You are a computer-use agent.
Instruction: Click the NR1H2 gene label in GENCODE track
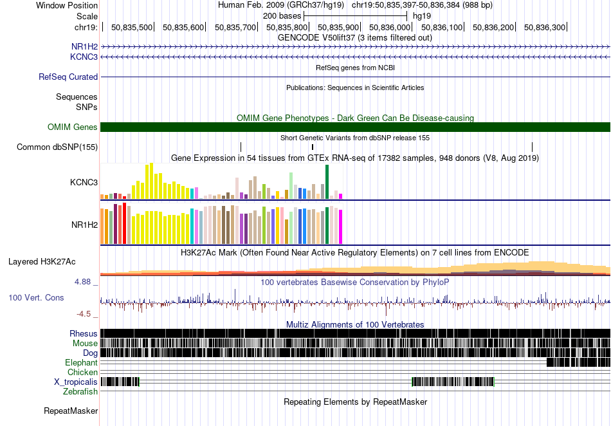coord(84,47)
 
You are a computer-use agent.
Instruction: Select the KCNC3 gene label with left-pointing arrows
coord(84,57)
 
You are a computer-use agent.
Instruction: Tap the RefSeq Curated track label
coord(68,77)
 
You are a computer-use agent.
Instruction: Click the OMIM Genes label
coord(73,127)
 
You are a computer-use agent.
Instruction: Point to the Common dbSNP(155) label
coord(57,147)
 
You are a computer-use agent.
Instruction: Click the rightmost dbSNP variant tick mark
coord(533,147)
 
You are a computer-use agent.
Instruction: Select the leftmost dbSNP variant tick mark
coord(241,147)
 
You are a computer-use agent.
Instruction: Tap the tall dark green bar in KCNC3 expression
coord(327,181)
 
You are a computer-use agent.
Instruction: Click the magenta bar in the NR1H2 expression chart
coord(341,227)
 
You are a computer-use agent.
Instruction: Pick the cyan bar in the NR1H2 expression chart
coord(192,226)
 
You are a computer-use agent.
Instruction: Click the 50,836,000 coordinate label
coord(390,27)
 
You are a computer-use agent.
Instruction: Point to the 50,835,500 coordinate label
coord(132,27)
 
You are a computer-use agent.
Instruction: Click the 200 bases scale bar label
coord(282,16)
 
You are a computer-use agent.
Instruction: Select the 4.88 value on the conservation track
coord(82,282)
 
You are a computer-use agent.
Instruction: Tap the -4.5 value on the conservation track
coord(84,314)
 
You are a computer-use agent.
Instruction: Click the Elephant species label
coord(82,362)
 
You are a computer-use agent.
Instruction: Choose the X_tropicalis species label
coord(76,382)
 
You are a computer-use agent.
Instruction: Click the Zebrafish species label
coord(80,391)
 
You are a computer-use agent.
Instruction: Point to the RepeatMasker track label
coord(71,411)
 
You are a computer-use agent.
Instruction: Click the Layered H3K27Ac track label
coord(42,261)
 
